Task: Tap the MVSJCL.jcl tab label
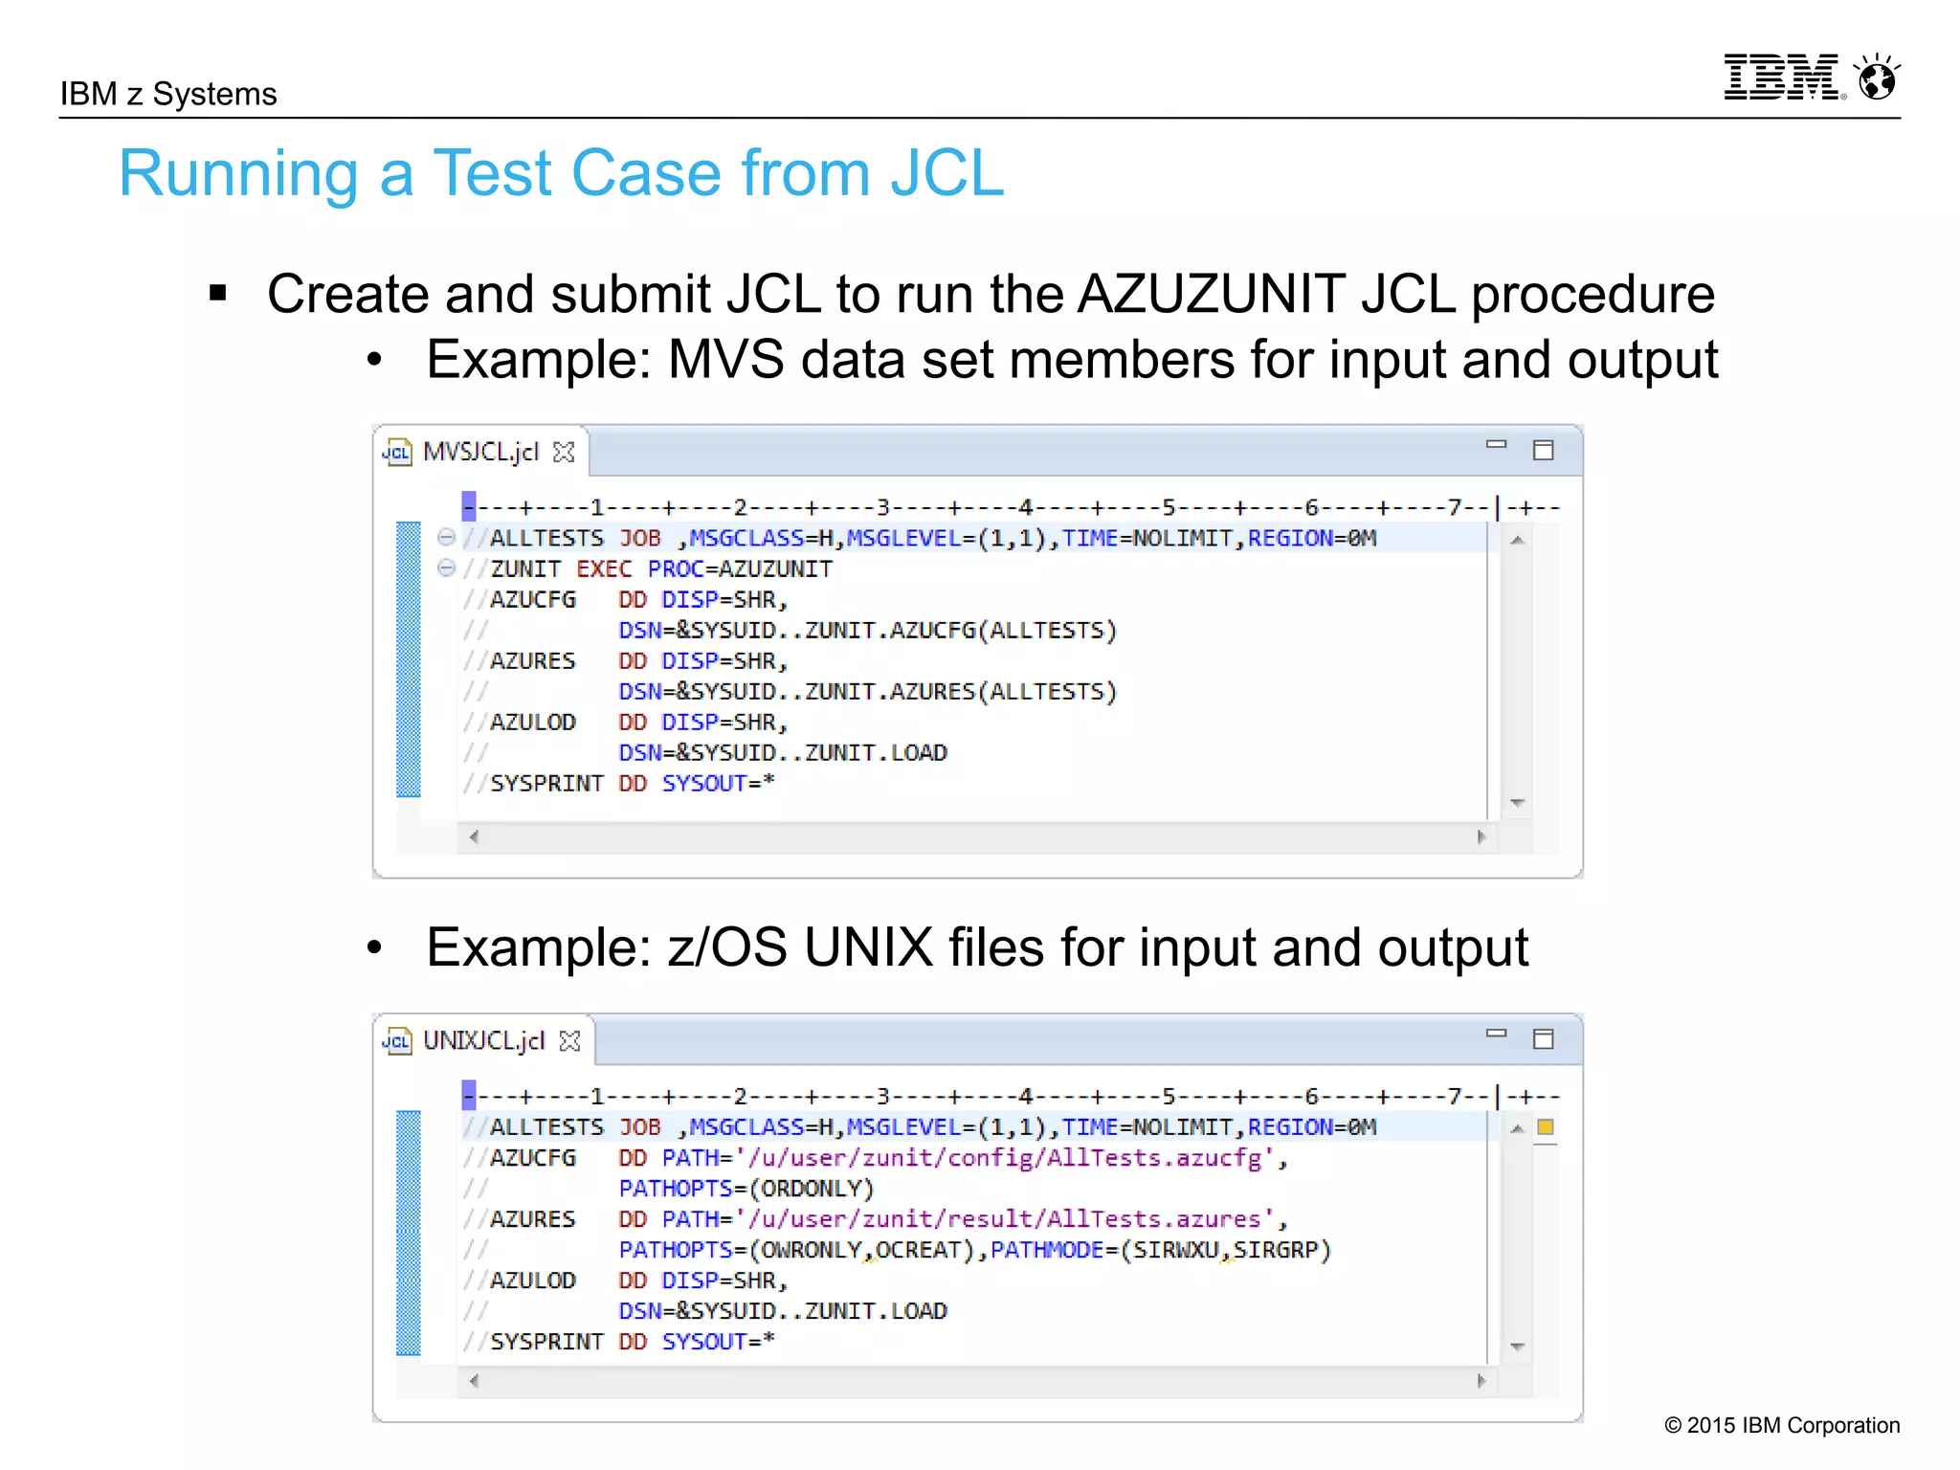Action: (x=480, y=452)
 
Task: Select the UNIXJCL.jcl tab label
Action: (x=483, y=1040)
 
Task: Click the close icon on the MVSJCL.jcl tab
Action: (x=565, y=453)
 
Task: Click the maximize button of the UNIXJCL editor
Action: (x=1543, y=1039)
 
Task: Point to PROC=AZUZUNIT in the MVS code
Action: (x=739, y=569)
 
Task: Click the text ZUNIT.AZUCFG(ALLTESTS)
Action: (x=960, y=631)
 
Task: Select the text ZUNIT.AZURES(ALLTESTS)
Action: (x=960, y=692)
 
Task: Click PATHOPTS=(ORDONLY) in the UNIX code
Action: (x=746, y=1189)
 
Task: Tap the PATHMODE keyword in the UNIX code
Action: (x=1046, y=1250)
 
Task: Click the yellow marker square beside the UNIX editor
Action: (x=1545, y=1127)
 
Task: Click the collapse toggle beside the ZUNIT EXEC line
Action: (x=446, y=568)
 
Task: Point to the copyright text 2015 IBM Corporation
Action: (x=1782, y=1425)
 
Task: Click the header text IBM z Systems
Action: (x=168, y=94)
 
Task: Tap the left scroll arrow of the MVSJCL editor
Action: (x=474, y=837)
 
